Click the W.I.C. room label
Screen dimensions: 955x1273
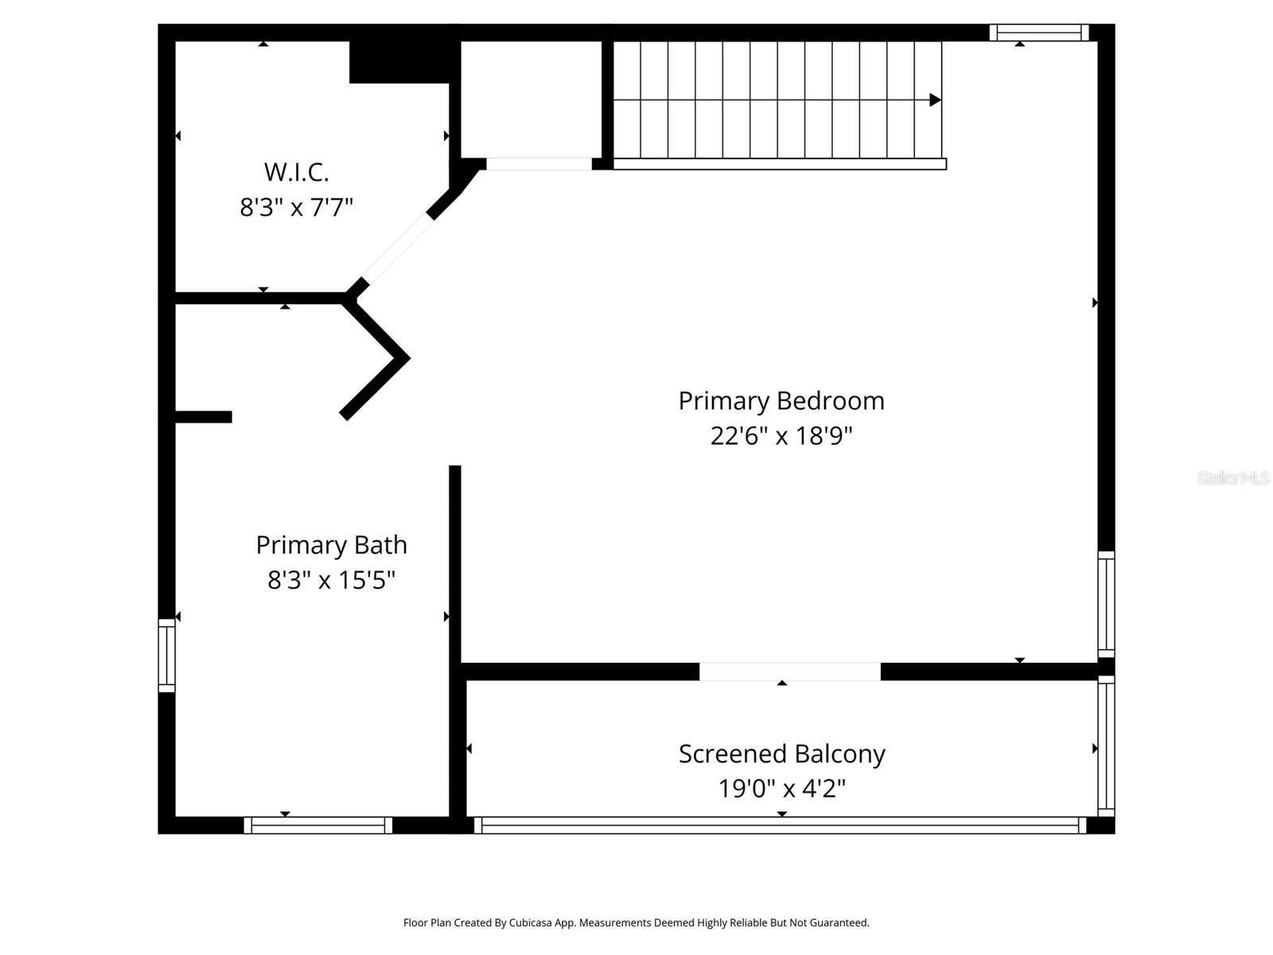pos(296,172)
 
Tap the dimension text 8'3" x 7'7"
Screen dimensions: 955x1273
pos(296,208)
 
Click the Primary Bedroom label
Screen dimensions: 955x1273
pos(781,400)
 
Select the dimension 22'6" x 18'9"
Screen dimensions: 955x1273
pos(781,436)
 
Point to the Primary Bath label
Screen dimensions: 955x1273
pos(331,545)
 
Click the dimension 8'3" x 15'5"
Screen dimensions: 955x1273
pos(331,580)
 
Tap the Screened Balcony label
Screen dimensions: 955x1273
pos(781,754)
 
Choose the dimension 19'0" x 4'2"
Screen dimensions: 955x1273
pos(781,789)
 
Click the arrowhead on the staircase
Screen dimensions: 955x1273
pos(936,100)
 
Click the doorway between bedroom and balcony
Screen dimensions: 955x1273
pos(789,672)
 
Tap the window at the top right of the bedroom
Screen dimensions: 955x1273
pos(1038,33)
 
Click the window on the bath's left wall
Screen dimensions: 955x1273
pos(166,655)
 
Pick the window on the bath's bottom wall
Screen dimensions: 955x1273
pos(318,825)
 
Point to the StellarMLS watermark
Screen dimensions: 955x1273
pos(1232,477)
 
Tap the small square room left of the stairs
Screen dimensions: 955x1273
pos(531,99)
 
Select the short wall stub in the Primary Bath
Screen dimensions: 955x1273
pos(203,417)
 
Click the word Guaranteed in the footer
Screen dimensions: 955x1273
pos(839,923)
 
